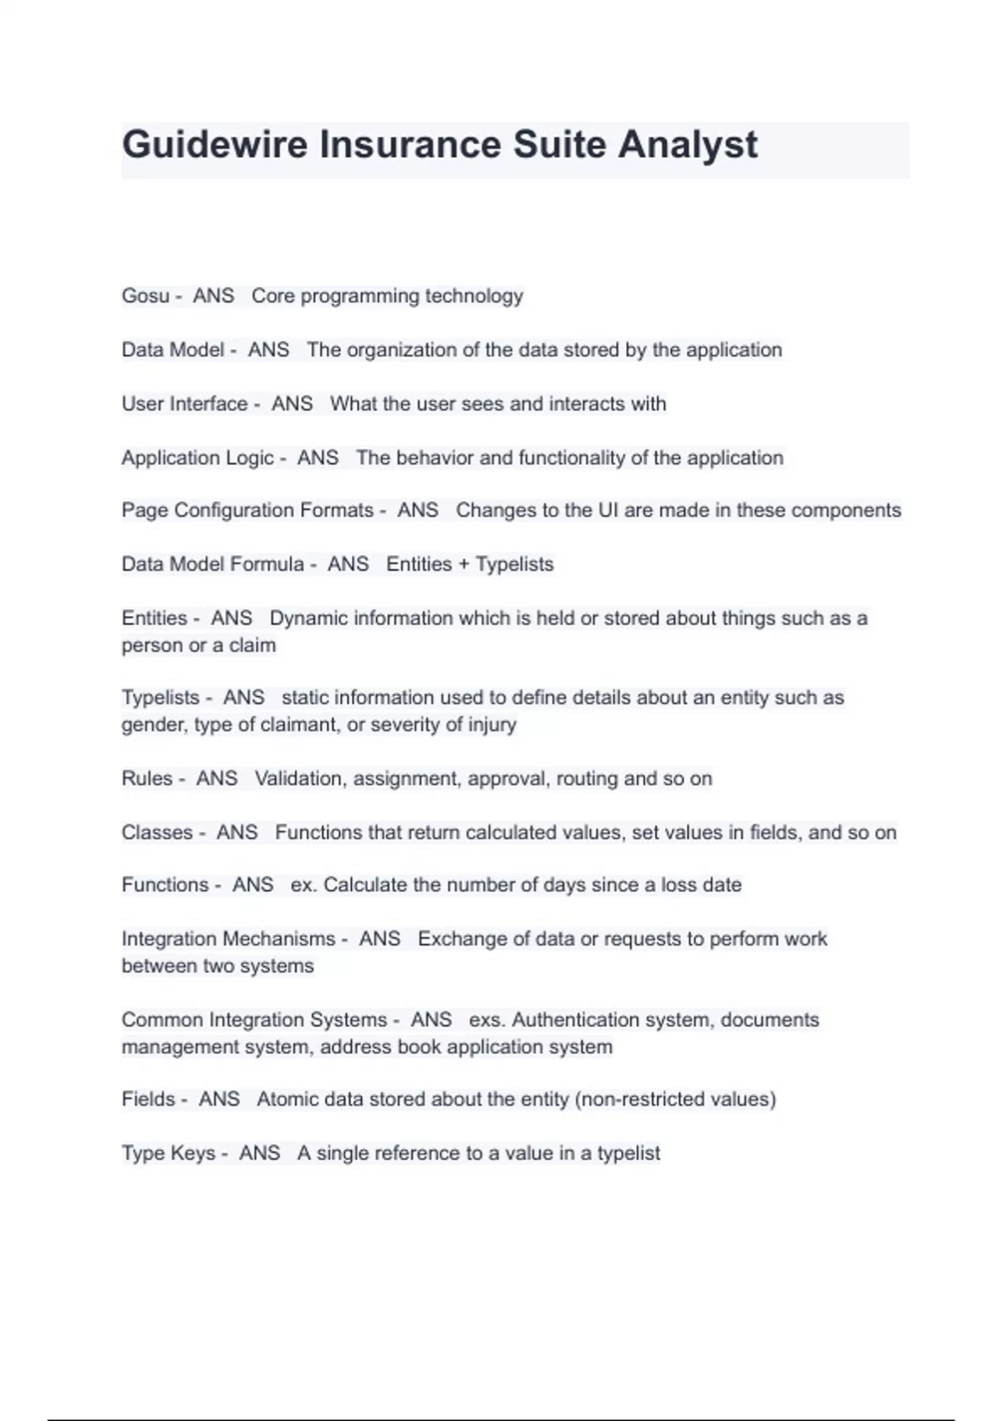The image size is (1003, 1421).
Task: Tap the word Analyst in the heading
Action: click(687, 145)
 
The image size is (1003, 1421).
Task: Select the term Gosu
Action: click(145, 296)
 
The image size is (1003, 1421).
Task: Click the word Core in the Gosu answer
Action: click(272, 296)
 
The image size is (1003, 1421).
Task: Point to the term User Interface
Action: click(185, 404)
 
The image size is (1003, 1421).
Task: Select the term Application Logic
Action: click(197, 458)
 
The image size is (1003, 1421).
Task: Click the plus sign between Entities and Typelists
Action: click(464, 564)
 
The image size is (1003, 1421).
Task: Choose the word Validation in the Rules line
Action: click(298, 779)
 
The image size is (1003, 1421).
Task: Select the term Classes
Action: click(157, 833)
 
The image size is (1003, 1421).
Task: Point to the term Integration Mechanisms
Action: click(228, 939)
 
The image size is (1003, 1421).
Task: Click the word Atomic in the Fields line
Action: click(287, 1099)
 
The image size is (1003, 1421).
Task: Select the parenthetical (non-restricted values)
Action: click(675, 1099)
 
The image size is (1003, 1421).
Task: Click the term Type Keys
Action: click(168, 1154)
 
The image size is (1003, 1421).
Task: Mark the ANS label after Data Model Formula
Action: click(348, 564)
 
